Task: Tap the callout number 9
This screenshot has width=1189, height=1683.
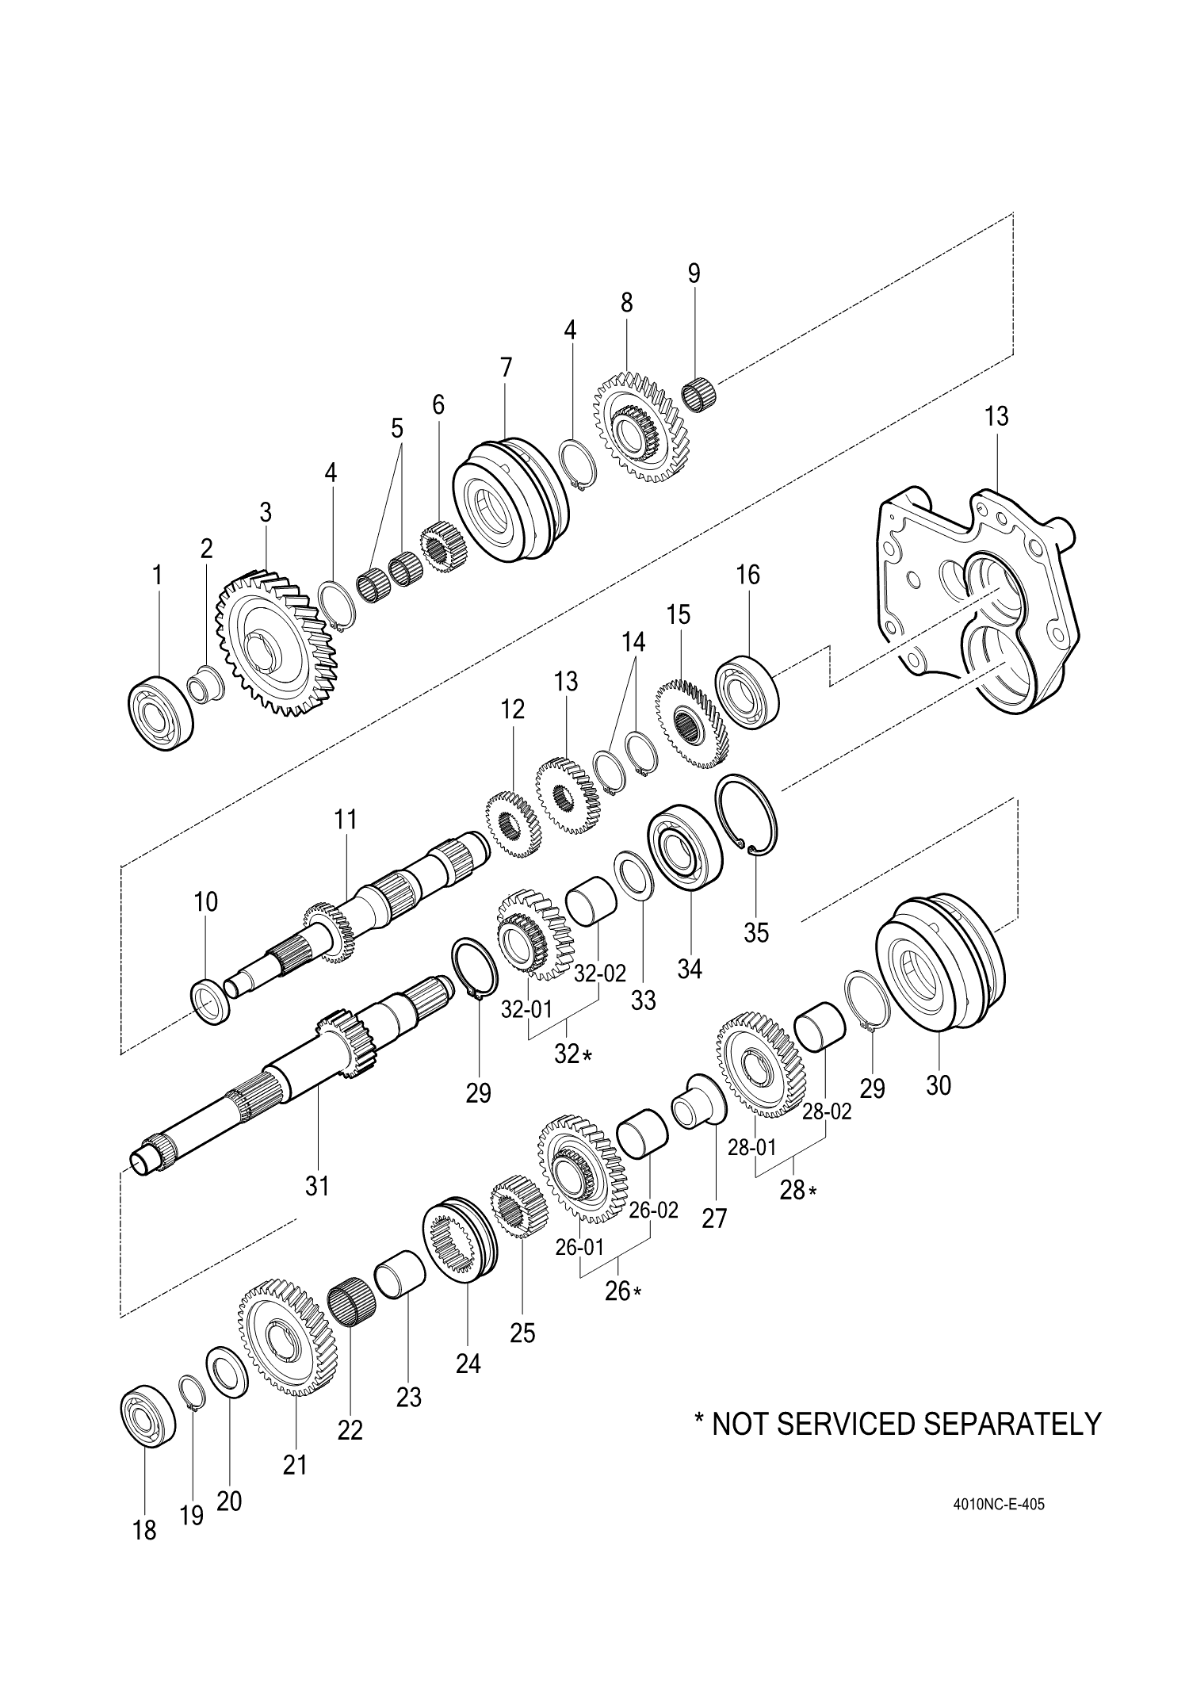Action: point(694,273)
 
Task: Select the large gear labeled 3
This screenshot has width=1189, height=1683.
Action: point(276,641)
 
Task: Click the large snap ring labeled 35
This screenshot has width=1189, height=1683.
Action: point(748,815)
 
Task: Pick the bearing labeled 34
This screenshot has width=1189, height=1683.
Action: point(685,847)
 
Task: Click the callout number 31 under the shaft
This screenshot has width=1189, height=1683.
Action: point(316,1186)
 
